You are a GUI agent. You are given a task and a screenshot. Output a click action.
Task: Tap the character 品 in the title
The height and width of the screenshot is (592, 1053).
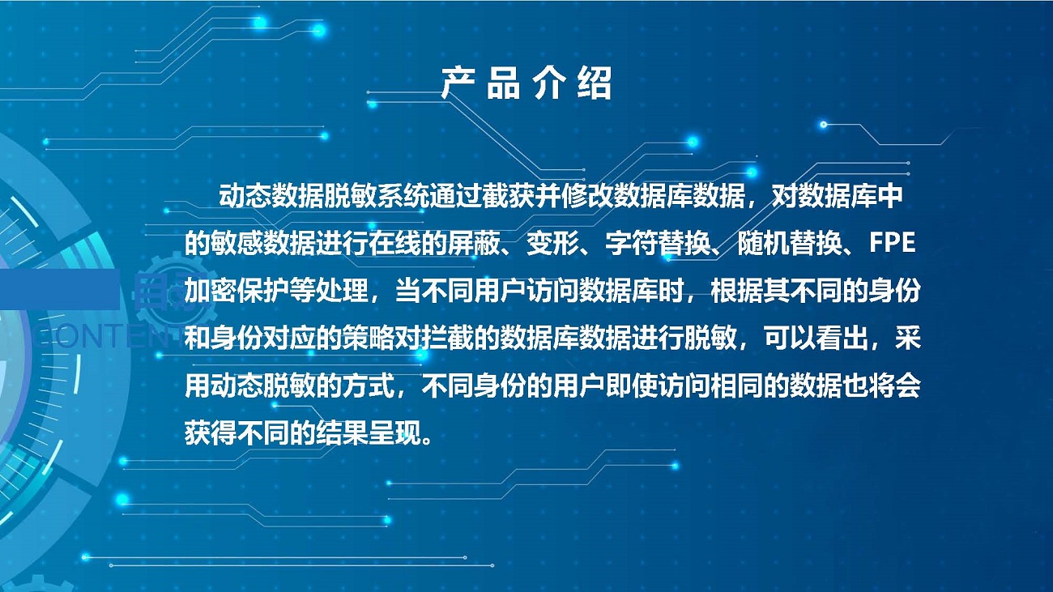(x=503, y=83)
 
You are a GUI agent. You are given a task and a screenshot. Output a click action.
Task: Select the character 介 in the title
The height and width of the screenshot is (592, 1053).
(x=548, y=83)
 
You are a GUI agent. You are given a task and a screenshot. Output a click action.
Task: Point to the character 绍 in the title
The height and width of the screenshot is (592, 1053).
(x=595, y=83)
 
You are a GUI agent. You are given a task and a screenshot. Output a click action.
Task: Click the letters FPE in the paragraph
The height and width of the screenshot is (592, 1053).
(x=892, y=243)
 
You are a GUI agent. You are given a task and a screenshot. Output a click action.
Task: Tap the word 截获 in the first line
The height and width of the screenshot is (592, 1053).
(x=508, y=197)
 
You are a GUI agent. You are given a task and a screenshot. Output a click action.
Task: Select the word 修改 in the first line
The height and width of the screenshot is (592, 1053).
(x=587, y=197)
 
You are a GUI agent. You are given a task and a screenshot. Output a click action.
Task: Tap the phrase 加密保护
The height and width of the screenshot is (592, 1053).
(x=237, y=291)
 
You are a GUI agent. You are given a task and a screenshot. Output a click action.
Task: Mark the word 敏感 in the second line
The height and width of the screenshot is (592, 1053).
(x=237, y=244)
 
